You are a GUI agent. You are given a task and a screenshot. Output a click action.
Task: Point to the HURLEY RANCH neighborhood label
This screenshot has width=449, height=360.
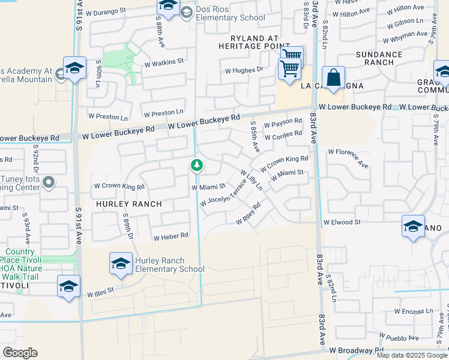click(x=128, y=204)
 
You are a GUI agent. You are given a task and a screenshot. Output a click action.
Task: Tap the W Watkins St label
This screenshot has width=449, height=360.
click(x=163, y=61)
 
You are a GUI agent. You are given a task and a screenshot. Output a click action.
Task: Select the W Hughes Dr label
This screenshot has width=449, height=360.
click(x=244, y=70)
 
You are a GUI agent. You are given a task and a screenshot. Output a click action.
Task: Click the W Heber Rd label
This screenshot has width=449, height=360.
click(x=171, y=237)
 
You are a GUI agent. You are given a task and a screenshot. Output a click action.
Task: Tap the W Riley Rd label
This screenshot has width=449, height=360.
click(x=248, y=214)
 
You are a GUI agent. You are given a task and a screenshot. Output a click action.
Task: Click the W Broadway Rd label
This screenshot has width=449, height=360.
click(x=355, y=349)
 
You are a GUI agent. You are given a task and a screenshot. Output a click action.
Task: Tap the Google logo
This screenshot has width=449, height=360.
click(x=20, y=353)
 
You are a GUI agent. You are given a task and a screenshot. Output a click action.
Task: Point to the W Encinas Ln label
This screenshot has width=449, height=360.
click(x=415, y=311)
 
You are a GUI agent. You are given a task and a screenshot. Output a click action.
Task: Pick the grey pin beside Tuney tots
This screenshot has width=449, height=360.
click(x=50, y=181)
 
